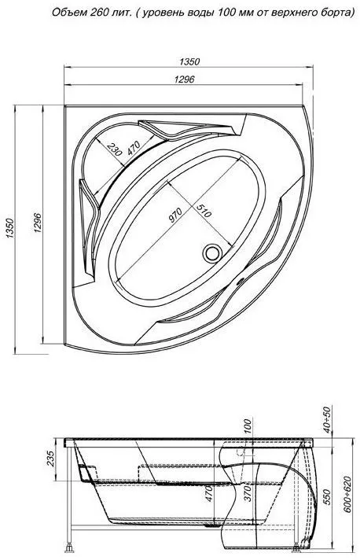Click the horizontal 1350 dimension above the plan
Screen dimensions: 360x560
189,61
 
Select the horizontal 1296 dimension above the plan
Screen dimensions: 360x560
185,79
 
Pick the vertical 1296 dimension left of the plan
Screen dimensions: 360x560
38,223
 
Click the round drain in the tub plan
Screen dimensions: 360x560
213,252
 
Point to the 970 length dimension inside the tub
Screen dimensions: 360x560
175,215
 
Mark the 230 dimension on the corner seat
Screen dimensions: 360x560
115,149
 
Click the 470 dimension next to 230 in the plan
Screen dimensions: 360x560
133,148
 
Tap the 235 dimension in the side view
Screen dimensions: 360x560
50,459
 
